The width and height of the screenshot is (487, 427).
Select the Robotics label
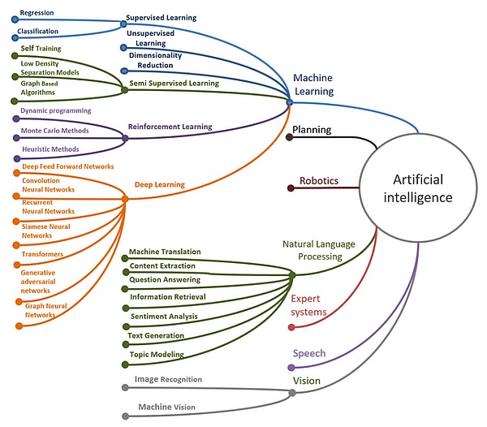coord(319,181)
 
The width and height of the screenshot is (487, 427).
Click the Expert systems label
coord(309,305)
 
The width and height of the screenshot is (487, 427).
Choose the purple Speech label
coord(309,353)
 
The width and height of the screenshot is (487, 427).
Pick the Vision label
coord(307,381)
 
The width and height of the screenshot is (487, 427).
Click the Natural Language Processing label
coord(319,249)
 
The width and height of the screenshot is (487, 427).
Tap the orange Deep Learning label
coord(160,185)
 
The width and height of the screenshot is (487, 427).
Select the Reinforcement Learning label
coord(170,127)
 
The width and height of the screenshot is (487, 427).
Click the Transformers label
coord(43,253)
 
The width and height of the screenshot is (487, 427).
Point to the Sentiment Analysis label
coord(165,317)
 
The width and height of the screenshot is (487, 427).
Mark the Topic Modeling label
coord(157,355)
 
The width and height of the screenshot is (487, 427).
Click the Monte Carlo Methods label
coord(54,130)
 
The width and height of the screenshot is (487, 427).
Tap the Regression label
coord(37,14)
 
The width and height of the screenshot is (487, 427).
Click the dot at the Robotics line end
coord(291,188)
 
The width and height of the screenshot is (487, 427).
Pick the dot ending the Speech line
coord(291,368)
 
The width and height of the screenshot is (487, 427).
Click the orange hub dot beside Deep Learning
coord(125,198)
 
